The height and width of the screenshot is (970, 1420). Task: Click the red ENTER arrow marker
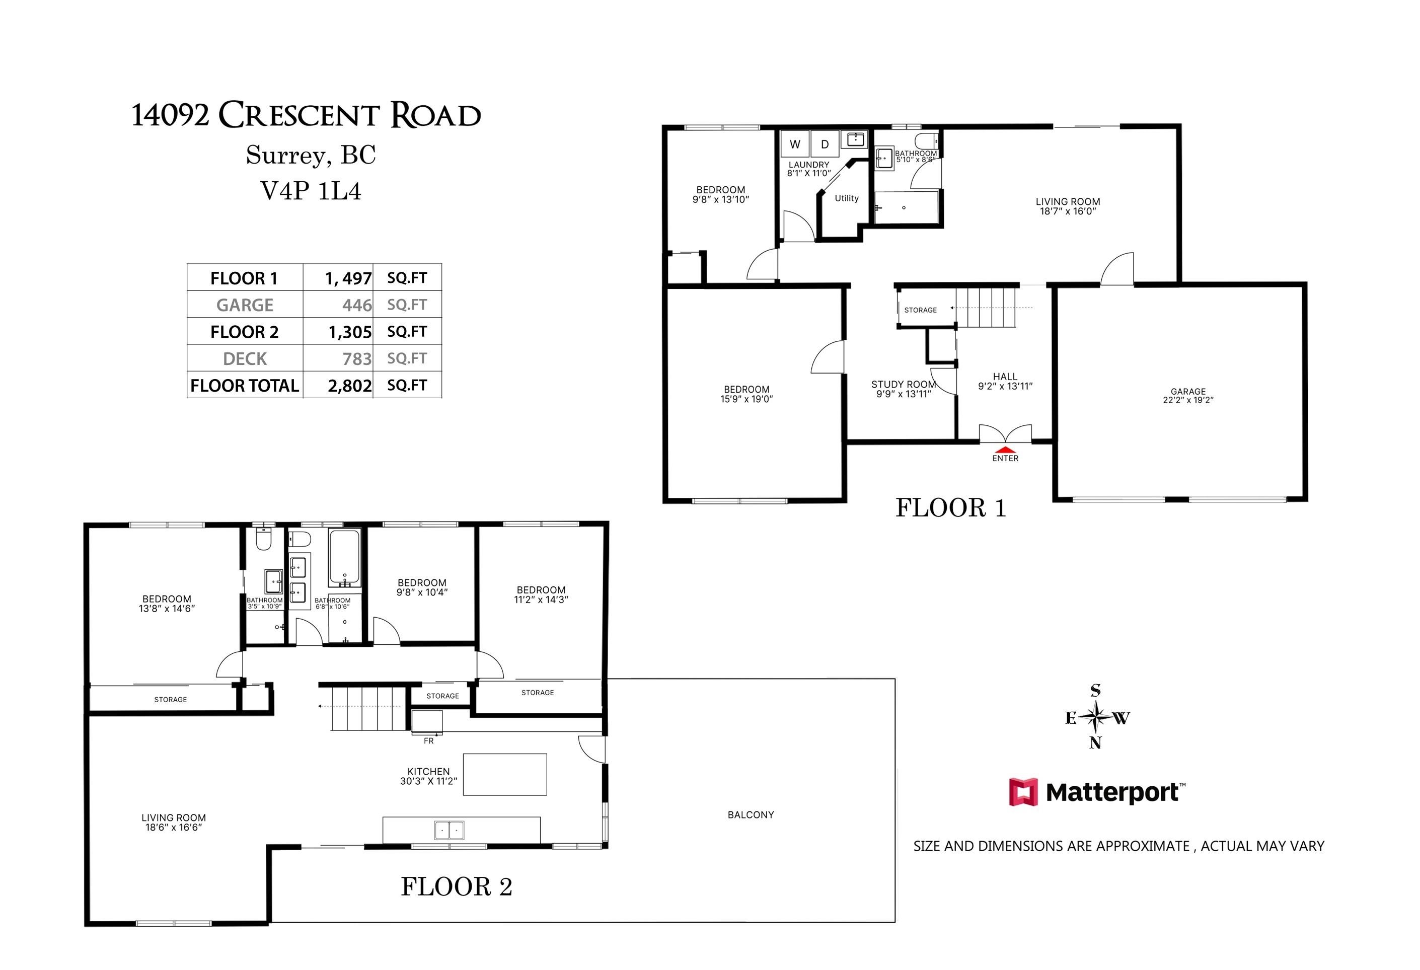1005,450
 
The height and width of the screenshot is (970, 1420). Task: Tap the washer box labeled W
795,144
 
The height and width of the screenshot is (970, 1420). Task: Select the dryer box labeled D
825,144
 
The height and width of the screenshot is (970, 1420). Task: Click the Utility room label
846,198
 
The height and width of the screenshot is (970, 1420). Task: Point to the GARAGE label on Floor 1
1188,392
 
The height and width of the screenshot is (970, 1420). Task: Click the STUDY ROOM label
903,384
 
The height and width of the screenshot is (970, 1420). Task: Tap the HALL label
1005,377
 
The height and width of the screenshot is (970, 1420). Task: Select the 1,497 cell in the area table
348,278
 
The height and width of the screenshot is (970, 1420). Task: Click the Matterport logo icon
1023,792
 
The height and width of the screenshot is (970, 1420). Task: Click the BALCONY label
751,815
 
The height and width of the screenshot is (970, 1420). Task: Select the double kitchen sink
449,830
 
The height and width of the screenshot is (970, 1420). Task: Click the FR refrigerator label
428,741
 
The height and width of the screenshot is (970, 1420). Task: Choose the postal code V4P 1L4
311,191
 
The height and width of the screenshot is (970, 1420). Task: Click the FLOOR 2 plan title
457,887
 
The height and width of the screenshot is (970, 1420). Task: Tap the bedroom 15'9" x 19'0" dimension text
746,400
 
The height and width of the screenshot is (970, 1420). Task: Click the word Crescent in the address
299,115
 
